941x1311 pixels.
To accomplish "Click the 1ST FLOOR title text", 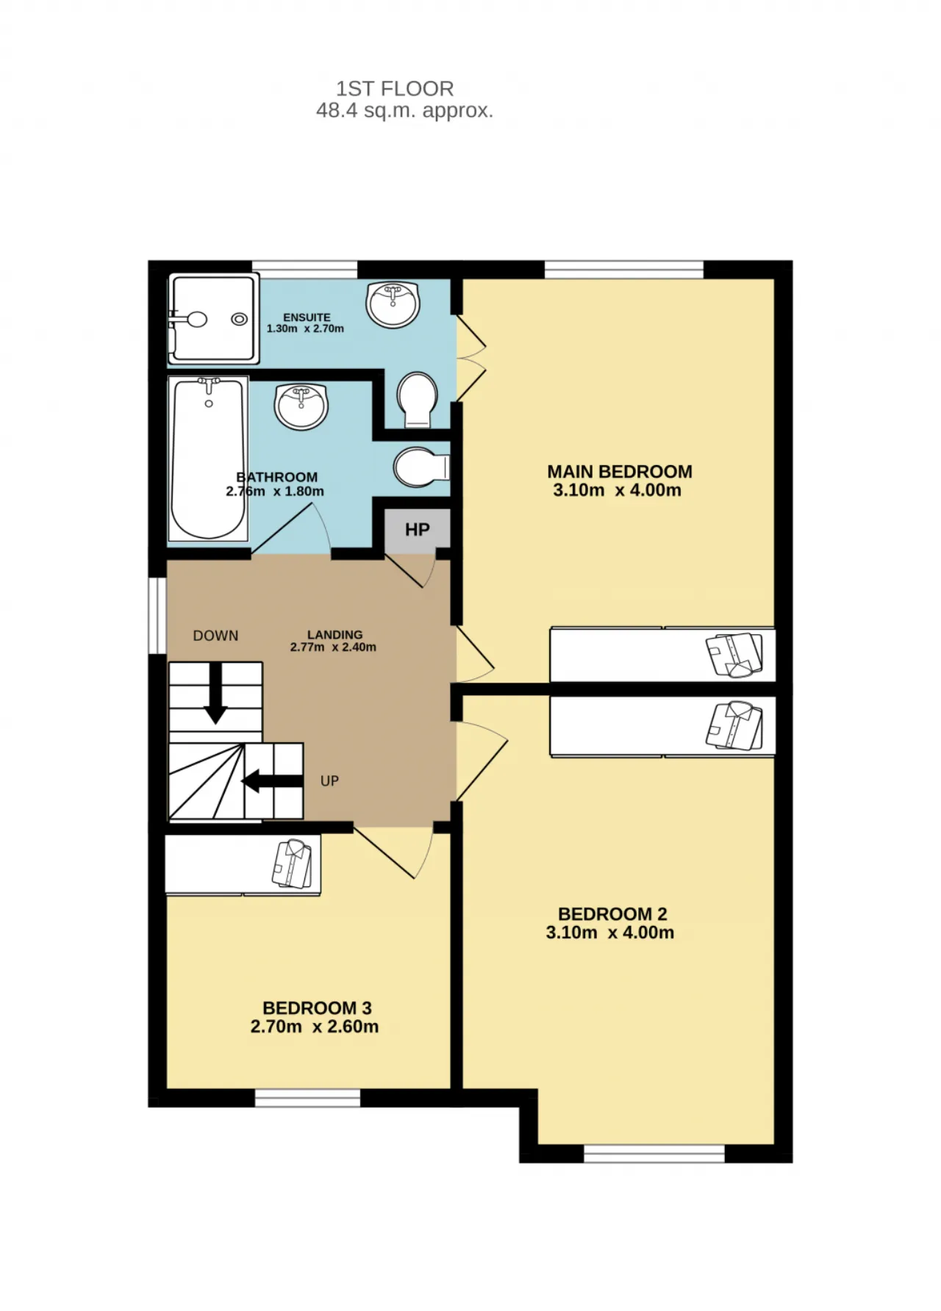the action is [x=395, y=89].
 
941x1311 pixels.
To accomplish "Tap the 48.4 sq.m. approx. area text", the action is [x=404, y=111].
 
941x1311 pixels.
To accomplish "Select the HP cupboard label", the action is [x=418, y=530].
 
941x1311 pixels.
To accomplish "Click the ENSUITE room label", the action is [x=307, y=317].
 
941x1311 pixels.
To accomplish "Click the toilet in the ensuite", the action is [x=417, y=399].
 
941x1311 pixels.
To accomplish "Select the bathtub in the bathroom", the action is [x=208, y=459].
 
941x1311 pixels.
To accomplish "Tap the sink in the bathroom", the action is [x=301, y=405].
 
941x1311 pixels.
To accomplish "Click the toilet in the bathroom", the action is [x=421, y=467].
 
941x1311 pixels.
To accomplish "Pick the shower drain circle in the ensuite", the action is [x=239, y=319].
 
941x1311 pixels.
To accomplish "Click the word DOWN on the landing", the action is [x=215, y=636].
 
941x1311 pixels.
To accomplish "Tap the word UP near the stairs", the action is [x=329, y=780].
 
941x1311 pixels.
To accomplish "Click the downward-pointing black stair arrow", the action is [x=215, y=694].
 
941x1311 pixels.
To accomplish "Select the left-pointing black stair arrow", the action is [x=272, y=780].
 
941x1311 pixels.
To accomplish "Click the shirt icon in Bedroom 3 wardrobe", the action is [x=293, y=863].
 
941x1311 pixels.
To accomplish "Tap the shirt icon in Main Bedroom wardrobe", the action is [x=734, y=654].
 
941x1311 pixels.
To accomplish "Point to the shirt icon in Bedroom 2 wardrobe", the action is [x=734, y=725].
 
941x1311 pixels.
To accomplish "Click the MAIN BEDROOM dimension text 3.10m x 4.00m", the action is [x=618, y=491].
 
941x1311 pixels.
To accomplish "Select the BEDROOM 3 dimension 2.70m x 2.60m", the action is [x=315, y=1027].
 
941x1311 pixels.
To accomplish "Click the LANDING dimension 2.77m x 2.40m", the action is [x=333, y=647].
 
